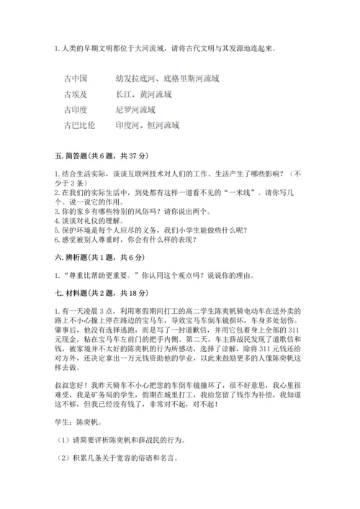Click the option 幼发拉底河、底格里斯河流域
167,78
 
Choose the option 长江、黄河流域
143,94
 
